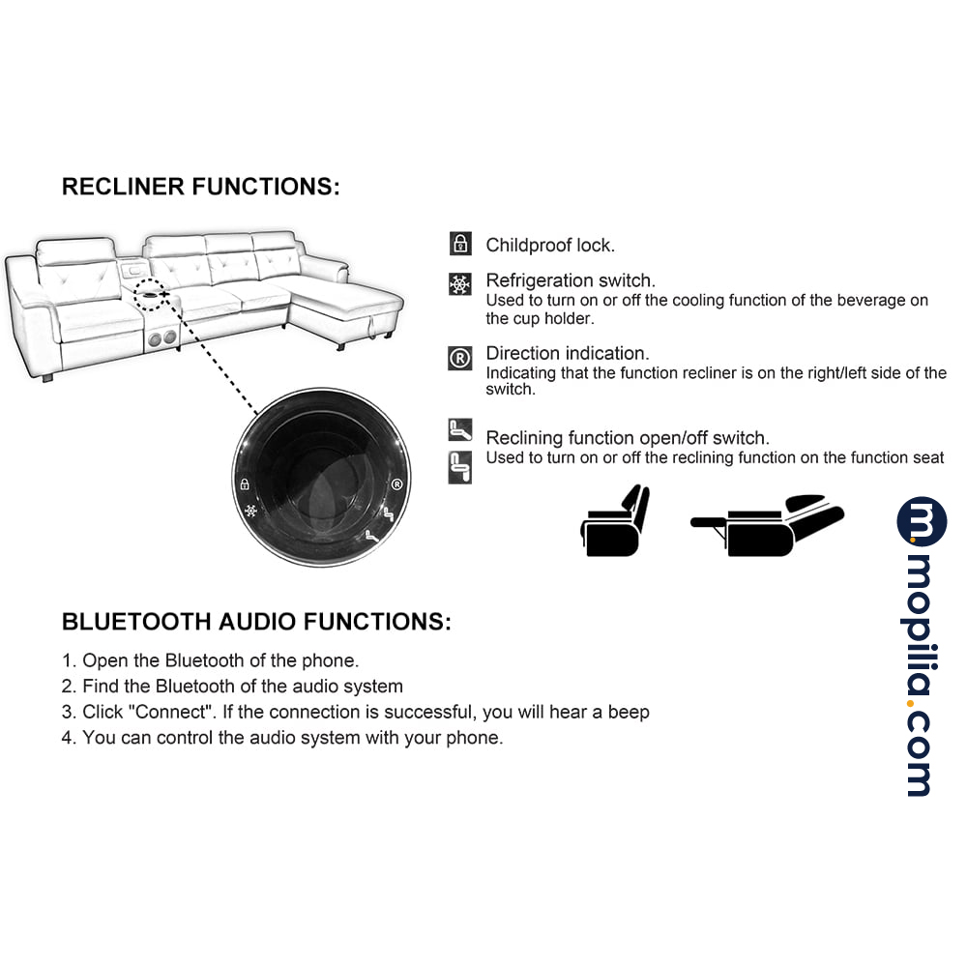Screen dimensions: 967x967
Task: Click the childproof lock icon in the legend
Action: click(x=460, y=244)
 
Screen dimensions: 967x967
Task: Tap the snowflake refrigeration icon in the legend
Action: click(x=460, y=284)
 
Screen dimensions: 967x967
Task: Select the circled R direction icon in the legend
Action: click(x=460, y=358)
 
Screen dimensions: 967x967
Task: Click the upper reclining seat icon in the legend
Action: click(x=460, y=430)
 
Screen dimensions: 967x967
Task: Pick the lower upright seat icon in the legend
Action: click(x=460, y=467)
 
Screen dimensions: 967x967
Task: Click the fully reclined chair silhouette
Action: click(x=767, y=525)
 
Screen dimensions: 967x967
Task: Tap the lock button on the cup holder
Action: click(x=245, y=484)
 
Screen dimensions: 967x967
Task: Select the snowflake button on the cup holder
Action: click(x=250, y=511)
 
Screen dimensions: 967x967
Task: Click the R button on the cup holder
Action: click(x=397, y=484)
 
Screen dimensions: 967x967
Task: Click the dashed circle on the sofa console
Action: click(x=150, y=294)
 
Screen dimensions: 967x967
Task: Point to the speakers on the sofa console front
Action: click(x=162, y=337)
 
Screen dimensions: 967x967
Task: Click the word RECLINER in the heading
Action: click(x=124, y=187)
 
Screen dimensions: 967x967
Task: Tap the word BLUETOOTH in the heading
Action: click(x=137, y=622)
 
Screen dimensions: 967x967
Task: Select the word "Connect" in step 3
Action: click(x=170, y=712)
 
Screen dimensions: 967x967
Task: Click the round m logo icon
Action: click(x=922, y=522)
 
